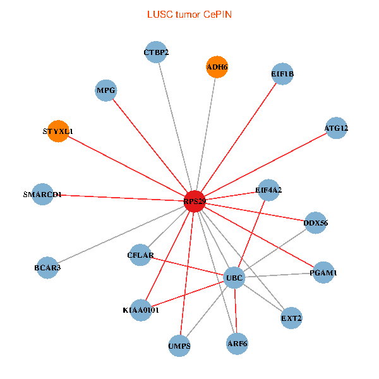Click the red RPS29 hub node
click(x=195, y=202)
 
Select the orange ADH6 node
click(x=217, y=67)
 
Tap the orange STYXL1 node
click(x=58, y=131)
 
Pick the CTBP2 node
click(x=156, y=52)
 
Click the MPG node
click(x=106, y=90)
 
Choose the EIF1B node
click(x=282, y=74)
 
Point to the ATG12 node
click(x=336, y=128)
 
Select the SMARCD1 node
click(x=42, y=195)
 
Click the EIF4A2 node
click(x=268, y=190)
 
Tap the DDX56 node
click(x=315, y=223)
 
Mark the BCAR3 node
click(x=47, y=268)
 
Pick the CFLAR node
click(x=140, y=255)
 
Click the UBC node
click(x=234, y=278)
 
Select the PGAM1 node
click(x=323, y=273)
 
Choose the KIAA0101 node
click(x=141, y=310)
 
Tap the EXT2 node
click(x=291, y=318)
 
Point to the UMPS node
click(x=179, y=346)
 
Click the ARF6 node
click(x=237, y=344)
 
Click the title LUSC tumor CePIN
click(x=189, y=15)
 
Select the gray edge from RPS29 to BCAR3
click(x=121, y=234)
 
